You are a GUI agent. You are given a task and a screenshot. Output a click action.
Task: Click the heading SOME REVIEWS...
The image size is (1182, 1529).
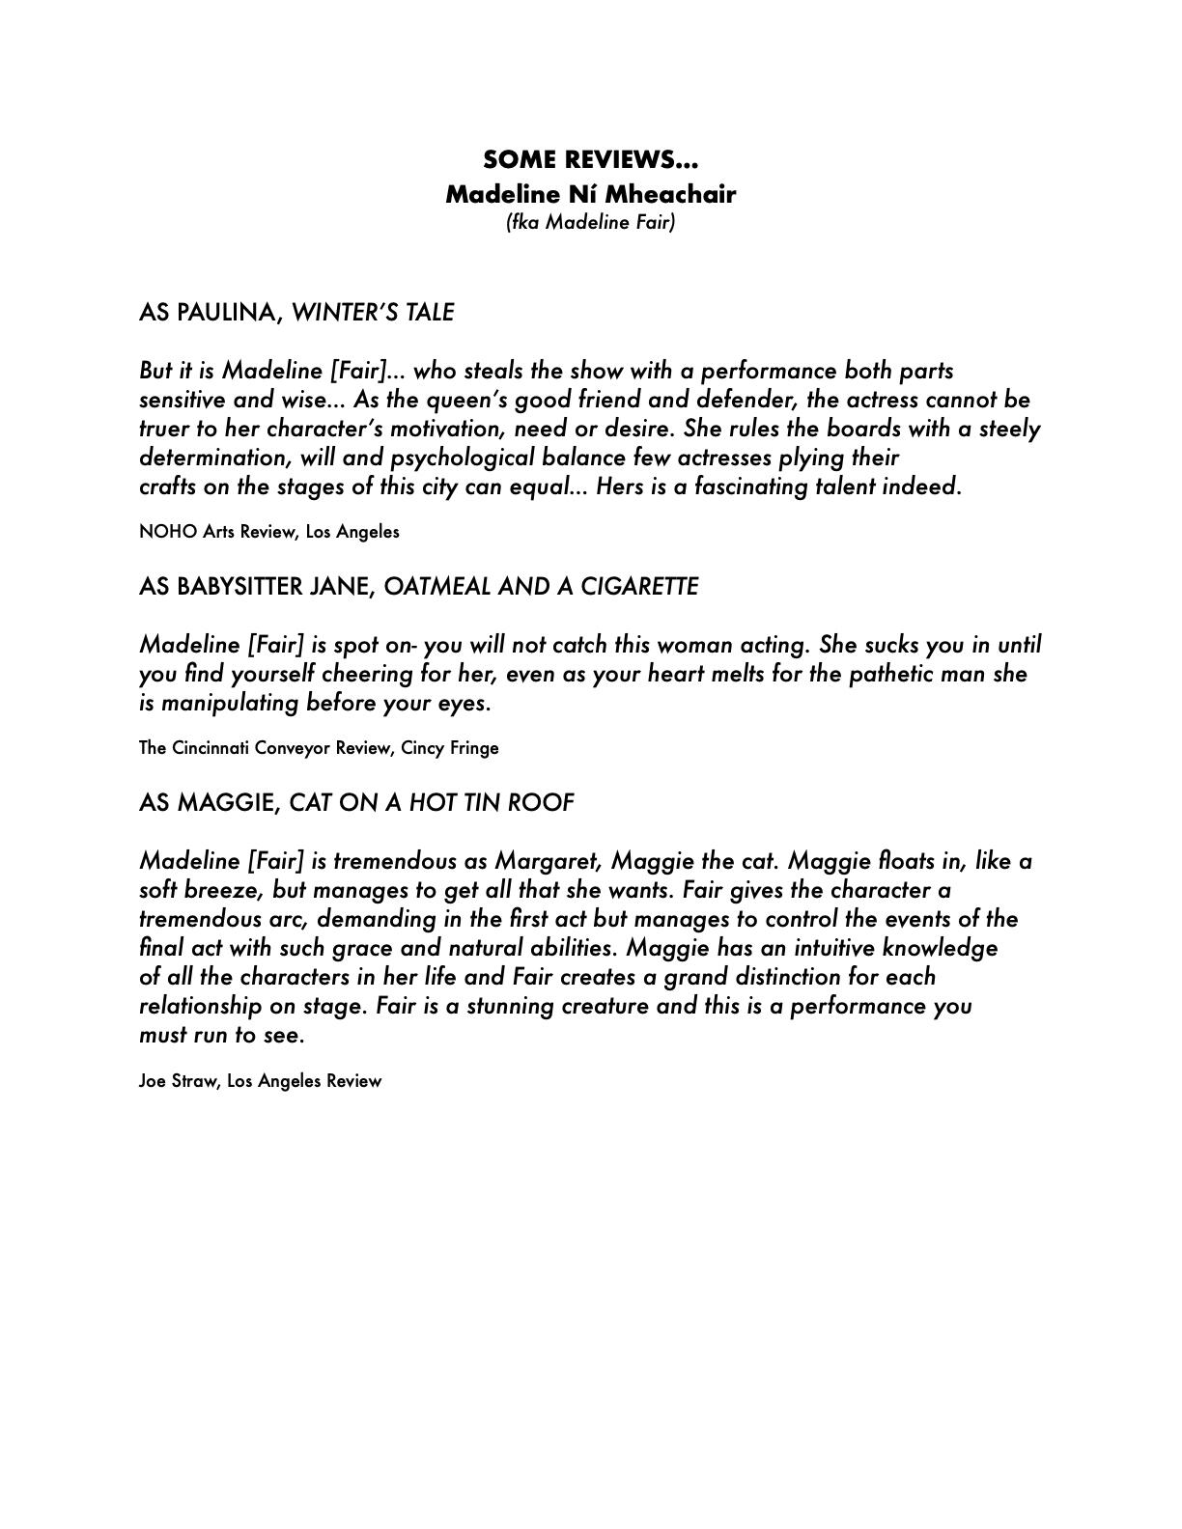click(x=590, y=159)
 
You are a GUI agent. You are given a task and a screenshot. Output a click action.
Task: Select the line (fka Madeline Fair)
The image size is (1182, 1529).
click(x=590, y=222)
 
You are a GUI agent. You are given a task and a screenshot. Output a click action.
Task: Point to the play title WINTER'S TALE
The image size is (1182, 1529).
click(x=373, y=313)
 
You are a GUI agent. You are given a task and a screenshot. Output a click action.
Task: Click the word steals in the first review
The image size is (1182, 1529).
click(x=494, y=371)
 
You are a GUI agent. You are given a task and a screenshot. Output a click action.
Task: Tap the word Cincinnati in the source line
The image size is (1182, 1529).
click(x=211, y=748)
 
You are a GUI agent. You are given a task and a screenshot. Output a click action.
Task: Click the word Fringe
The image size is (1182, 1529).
click(x=474, y=748)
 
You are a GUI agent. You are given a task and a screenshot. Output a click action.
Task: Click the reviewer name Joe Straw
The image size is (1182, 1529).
click(x=179, y=1081)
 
